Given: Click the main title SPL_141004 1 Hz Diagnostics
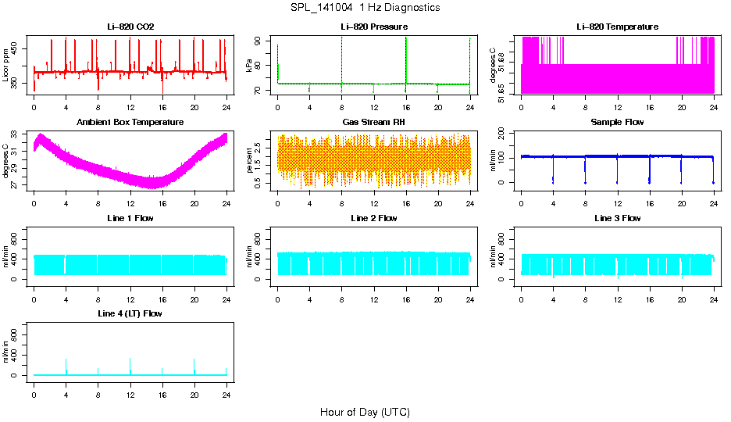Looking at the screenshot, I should point(365,8).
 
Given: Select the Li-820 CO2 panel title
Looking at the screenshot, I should point(130,27).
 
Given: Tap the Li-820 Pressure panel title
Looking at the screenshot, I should point(374,27).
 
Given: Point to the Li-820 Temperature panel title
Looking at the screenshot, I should point(617,27).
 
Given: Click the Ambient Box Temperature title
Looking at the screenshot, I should point(130,123).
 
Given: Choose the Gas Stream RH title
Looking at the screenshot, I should point(374,123).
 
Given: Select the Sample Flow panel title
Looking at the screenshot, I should point(617,123).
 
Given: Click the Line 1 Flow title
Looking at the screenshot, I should point(130,218).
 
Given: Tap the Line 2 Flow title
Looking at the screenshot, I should point(374,218).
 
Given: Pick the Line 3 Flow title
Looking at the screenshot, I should point(617,218).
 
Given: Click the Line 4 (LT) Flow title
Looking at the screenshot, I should point(130,313).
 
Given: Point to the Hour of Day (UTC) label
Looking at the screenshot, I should point(365,412).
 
